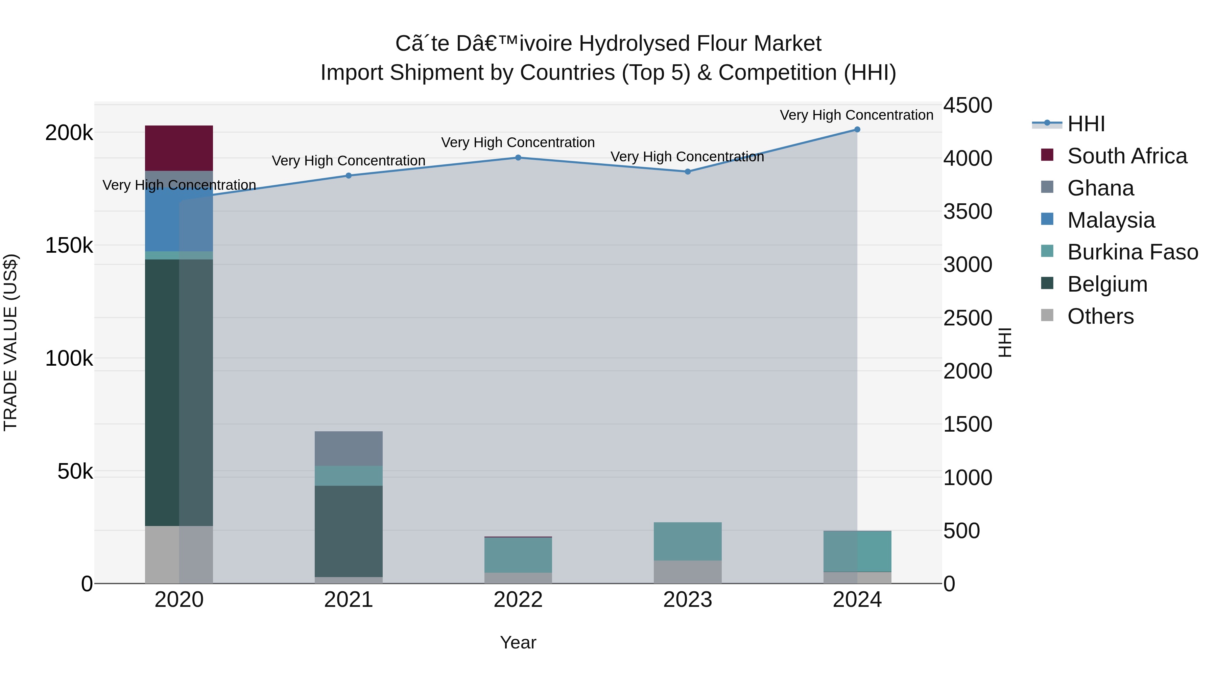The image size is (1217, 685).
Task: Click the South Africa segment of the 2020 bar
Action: tap(178, 148)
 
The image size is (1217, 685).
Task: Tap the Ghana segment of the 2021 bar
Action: tap(348, 448)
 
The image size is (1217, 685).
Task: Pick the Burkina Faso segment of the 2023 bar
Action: tap(687, 541)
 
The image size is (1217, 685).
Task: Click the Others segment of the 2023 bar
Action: tap(687, 572)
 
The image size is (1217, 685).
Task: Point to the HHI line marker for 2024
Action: tap(857, 130)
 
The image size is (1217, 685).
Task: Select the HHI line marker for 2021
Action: tap(348, 175)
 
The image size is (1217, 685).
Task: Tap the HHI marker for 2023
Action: tap(687, 172)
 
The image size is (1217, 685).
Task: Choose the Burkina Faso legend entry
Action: tap(1132, 252)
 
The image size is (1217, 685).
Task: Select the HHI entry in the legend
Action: tap(1085, 124)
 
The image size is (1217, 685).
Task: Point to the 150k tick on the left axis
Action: tap(69, 245)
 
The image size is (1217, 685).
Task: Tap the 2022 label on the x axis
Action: tap(518, 600)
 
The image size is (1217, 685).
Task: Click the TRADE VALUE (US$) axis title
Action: tap(10, 342)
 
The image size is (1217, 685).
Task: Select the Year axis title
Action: tap(518, 642)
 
